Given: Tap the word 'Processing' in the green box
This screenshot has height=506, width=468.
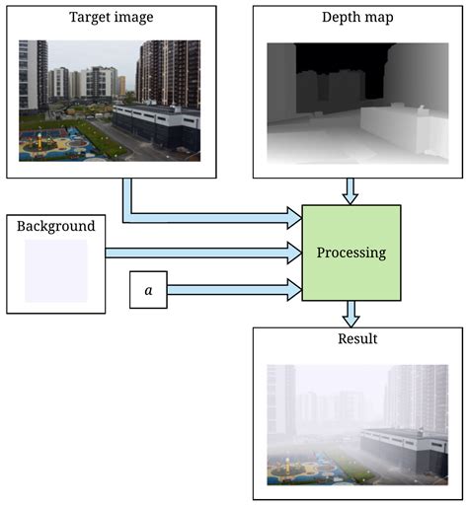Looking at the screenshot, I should (351, 253).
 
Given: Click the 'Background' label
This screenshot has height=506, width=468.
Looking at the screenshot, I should (56, 226).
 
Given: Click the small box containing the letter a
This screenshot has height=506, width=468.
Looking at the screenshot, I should (148, 290).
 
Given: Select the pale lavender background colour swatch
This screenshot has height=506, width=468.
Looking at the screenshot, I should (55, 269).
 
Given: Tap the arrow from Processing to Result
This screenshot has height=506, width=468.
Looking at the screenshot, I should (351, 314).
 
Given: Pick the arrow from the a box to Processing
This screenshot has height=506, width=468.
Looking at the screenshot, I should (232, 290).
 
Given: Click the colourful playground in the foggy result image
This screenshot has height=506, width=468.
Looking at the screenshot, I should (301, 467).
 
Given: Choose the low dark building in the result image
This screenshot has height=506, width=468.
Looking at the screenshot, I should (405, 449).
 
